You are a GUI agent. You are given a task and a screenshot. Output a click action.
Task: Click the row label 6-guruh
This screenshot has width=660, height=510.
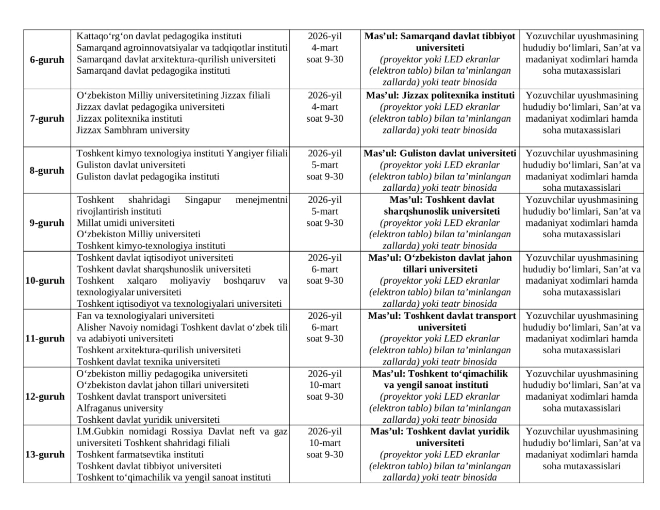click(47, 59)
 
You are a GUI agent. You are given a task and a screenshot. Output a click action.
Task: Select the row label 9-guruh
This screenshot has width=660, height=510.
click(47, 223)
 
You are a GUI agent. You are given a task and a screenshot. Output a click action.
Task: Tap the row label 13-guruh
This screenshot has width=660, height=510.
click(45, 454)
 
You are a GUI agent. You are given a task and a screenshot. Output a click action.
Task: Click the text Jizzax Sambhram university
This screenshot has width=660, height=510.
click(133, 130)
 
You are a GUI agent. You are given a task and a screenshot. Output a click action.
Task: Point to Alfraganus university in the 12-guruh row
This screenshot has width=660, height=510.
click(112, 408)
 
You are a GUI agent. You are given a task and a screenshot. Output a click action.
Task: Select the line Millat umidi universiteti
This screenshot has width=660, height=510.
click(125, 223)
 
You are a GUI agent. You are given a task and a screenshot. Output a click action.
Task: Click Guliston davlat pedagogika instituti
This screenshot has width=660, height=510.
click(148, 176)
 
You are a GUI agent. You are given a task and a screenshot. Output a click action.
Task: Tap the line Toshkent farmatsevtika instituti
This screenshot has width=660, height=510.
click(140, 454)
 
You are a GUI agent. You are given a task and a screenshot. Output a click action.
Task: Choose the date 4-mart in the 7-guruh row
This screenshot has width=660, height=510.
click(325, 107)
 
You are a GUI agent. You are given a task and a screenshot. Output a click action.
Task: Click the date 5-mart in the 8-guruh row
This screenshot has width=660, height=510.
click(325, 165)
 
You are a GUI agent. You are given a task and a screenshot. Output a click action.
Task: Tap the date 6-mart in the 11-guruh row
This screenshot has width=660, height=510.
click(325, 327)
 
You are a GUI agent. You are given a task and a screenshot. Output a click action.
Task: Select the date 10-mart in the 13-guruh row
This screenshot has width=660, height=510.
click(325, 443)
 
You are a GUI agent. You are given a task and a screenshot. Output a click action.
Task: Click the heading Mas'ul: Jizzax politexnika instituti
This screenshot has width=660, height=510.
click(440, 95)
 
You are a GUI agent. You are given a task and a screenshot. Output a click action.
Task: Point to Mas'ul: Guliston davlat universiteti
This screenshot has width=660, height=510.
click(440, 153)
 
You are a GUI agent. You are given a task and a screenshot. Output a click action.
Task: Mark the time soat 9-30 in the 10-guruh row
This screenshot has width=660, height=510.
click(325, 281)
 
